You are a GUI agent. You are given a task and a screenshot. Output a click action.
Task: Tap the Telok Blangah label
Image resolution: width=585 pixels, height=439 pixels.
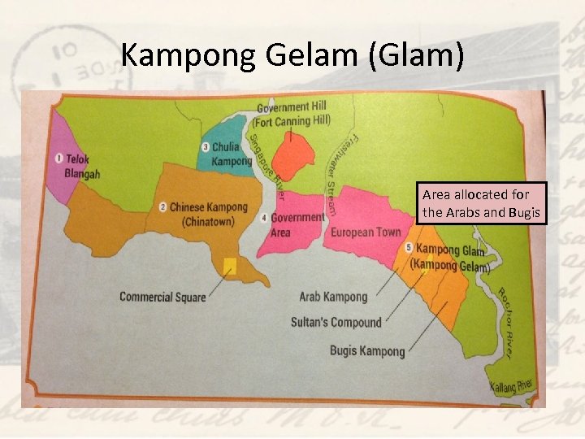[x=82, y=167]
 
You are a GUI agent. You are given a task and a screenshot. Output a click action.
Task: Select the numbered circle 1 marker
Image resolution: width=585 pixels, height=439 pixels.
[x=58, y=158]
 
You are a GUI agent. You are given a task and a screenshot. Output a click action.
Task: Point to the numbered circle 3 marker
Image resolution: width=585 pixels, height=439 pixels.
[x=205, y=147]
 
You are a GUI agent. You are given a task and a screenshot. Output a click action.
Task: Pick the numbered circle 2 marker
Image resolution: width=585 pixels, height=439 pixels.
[x=162, y=207]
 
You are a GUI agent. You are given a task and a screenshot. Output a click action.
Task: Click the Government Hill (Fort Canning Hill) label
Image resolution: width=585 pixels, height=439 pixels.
[x=293, y=115]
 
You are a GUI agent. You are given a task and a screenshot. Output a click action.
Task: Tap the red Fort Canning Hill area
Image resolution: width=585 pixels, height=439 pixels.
[x=294, y=158]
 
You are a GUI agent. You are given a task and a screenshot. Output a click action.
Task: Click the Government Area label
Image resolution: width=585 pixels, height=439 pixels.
[x=297, y=225]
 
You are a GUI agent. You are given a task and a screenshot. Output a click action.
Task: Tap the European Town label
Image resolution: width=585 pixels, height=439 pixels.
[x=366, y=233]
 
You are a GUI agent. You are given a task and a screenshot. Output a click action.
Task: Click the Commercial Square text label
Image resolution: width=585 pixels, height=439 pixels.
[x=162, y=297]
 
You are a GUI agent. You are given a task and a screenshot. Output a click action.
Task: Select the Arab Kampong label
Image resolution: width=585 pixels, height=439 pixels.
[x=333, y=297]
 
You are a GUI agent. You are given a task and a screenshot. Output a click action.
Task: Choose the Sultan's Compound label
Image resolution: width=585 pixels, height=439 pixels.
[x=336, y=322]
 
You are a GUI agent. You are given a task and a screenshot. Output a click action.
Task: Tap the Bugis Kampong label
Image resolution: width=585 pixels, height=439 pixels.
[x=367, y=351]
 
